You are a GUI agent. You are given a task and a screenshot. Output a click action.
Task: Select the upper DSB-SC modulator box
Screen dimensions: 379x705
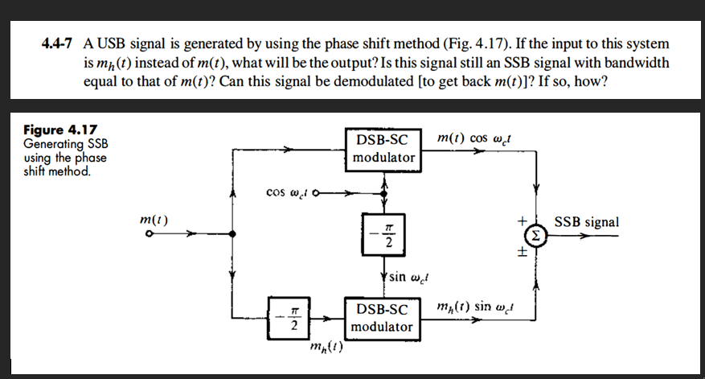pos(383,149)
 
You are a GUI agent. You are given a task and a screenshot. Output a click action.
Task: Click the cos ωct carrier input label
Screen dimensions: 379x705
pos(285,192)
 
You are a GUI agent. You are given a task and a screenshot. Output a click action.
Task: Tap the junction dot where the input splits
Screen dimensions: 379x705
pos(232,234)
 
